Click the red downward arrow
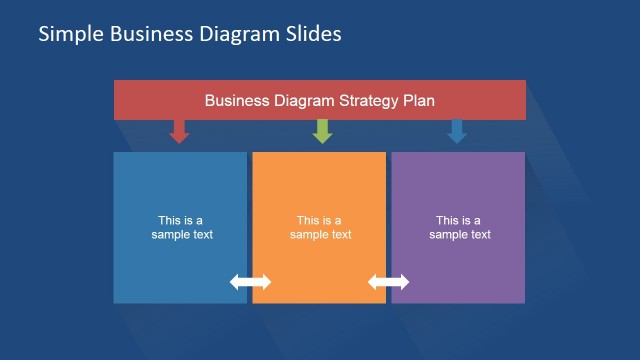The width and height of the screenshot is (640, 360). [x=179, y=131]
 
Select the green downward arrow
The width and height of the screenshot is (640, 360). [x=322, y=131]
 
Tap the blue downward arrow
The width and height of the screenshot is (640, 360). [x=457, y=131]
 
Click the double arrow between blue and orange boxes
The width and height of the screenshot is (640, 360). [x=250, y=282]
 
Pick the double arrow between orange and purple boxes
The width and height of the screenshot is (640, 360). [x=389, y=282]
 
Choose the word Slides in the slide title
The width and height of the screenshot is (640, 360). [x=313, y=34]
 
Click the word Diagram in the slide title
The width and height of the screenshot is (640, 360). [x=236, y=34]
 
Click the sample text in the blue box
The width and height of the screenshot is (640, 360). [x=181, y=228]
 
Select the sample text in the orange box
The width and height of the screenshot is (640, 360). [x=320, y=228]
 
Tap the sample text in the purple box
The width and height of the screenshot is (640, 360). [x=459, y=228]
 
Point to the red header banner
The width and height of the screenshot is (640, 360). [x=150, y=100]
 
